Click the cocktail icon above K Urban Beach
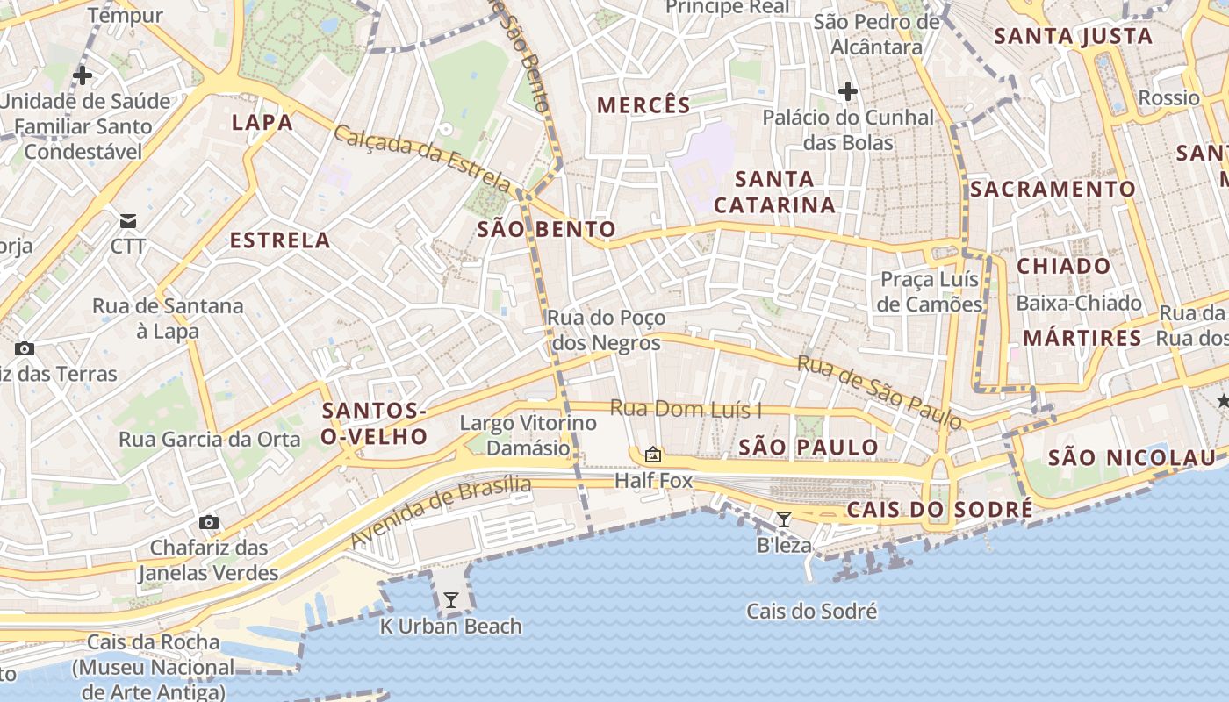[x=451, y=600]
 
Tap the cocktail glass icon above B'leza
[x=784, y=519]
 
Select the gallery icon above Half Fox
[x=652, y=455]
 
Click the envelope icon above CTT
[x=128, y=220]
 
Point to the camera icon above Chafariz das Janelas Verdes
[x=208, y=522]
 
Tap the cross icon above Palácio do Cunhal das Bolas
[x=847, y=90]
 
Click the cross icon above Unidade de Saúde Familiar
[x=83, y=75]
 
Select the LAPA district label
[x=262, y=122]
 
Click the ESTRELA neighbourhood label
[x=280, y=240]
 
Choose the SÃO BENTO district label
[x=546, y=230]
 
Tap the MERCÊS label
[x=643, y=105]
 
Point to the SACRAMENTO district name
[x=1053, y=189]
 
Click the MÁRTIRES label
[x=1082, y=338]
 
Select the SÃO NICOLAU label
[x=1132, y=457]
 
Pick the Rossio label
[x=1168, y=97]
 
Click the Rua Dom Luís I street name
[x=686, y=409]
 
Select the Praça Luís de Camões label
[x=930, y=292]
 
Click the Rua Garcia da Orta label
[x=210, y=439]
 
